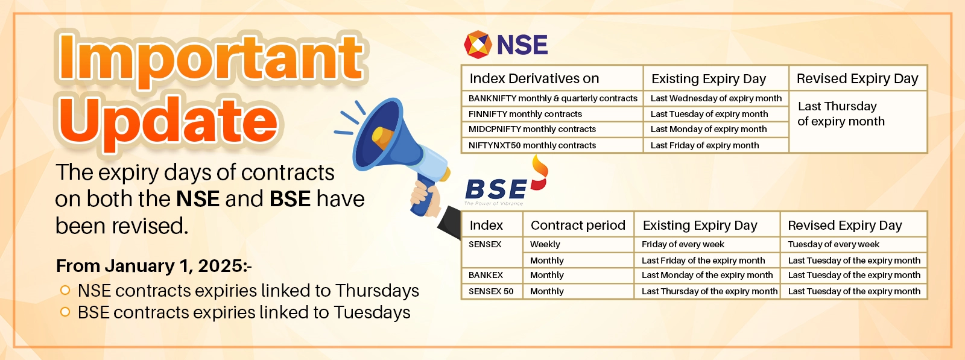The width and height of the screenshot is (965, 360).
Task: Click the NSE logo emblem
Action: click(x=478, y=45)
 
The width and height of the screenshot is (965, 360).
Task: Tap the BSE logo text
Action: click(x=496, y=189)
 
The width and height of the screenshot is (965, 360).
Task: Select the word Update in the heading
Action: click(x=168, y=121)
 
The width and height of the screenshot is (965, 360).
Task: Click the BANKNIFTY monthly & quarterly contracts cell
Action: click(x=552, y=98)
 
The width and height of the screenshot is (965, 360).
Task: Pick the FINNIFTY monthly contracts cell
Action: click(x=525, y=114)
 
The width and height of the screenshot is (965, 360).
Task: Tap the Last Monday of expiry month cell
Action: click(x=709, y=129)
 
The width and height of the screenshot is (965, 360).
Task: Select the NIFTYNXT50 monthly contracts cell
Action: click(x=532, y=145)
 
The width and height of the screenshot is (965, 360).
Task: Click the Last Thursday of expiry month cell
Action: click(x=841, y=114)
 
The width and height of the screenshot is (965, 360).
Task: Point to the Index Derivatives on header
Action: click(x=534, y=79)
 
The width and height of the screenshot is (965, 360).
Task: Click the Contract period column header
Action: click(x=578, y=226)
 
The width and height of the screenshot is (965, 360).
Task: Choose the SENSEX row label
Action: click(x=485, y=244)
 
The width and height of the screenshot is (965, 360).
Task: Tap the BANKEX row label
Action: click(x=486, y=275)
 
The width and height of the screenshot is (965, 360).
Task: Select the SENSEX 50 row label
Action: click(x=491, y=291)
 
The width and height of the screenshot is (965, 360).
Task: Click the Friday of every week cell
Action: click(x=683, y=244)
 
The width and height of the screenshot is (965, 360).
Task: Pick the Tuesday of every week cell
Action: click(x=834, y=244)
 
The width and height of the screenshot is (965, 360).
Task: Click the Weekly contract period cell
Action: click(x=545, y=244)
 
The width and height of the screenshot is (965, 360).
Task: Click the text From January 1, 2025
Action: click(x=154, y=266)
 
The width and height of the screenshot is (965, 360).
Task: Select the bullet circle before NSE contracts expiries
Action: click(x=65, y=290)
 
